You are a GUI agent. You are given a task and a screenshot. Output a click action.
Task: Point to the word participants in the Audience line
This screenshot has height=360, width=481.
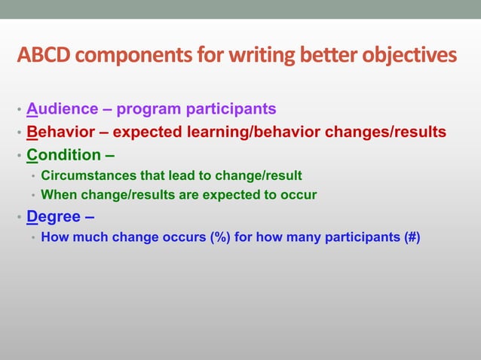(234, 110)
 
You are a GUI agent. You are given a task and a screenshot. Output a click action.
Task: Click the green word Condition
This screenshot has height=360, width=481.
(64, 155)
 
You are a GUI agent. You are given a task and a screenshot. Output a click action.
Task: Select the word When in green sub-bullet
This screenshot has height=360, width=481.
(59, 195)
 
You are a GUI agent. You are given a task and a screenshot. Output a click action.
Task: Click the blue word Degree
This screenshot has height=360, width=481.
(54, 218)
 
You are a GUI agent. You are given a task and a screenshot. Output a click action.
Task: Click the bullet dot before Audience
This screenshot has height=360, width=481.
(19, 111)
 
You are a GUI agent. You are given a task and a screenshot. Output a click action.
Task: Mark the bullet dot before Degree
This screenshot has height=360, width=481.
(19, 219)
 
